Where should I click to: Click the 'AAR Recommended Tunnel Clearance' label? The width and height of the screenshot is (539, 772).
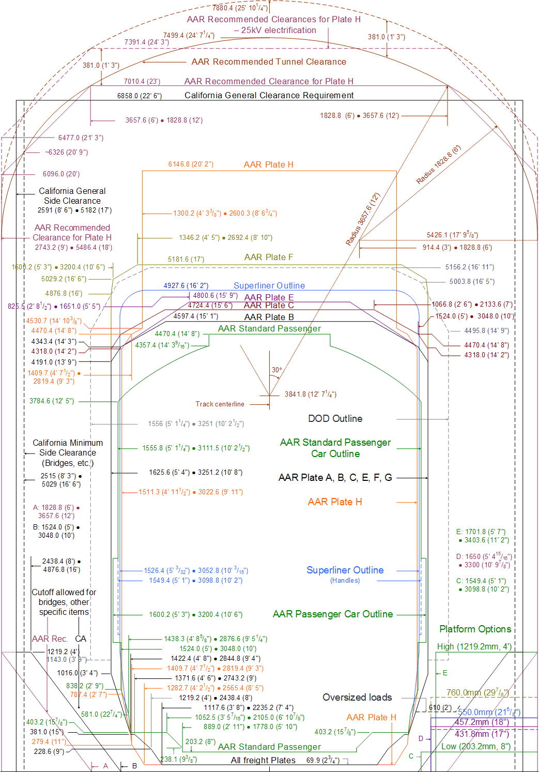(269, 62)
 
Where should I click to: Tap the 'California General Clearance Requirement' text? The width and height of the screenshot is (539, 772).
(269, 96)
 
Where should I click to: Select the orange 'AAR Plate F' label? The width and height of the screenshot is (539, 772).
(268, 258)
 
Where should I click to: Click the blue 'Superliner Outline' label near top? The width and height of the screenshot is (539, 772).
(269, 286)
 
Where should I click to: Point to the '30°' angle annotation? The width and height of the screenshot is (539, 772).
(277, 370)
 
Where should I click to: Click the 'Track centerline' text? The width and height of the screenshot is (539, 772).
(220, 404)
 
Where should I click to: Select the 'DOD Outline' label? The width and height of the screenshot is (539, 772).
(335, 419)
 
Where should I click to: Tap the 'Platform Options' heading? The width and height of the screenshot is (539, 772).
(475, 629)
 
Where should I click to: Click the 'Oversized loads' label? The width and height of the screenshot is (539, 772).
(357, 698)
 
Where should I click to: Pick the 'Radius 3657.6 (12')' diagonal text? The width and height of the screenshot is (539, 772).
(363, 219)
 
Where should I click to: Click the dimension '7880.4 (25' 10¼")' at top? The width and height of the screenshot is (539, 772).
(240, 8)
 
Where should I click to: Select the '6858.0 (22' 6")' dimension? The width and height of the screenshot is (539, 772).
(139, 96)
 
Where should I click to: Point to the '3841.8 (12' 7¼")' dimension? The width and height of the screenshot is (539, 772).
(310, 395)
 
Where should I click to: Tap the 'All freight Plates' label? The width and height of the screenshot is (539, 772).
(263, 760)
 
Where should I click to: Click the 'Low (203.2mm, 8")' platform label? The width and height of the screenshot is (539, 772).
(475, 747)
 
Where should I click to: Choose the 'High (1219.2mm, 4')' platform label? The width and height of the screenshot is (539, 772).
(474, 647)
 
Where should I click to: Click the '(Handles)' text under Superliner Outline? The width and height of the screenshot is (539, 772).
(345, 581)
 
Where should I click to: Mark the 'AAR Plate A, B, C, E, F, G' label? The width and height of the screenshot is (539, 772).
(335, 478)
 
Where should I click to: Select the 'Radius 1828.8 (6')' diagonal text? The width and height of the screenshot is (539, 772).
(438, 165)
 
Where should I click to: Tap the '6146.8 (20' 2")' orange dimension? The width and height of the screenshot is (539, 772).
(191, 164)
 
